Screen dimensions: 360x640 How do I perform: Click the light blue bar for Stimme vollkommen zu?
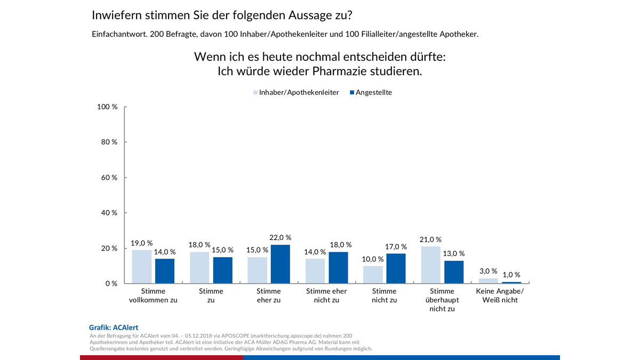[141, 267]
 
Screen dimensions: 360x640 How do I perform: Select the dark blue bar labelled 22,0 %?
[281, 264]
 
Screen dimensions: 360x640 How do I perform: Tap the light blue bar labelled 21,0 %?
[430, 265]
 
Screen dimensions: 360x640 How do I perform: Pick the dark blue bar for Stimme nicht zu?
[396, 268]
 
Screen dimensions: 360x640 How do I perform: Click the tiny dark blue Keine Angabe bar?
[511, 283]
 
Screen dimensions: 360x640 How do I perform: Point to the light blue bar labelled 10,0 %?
[373, 275]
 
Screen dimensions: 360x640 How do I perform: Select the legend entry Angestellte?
[373, 92]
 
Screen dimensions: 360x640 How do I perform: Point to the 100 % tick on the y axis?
[108, 107]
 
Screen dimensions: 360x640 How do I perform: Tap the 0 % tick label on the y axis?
[110, 284]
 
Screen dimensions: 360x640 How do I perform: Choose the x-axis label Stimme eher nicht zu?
[326, 295]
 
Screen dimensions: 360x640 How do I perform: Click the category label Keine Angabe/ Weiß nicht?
[500, 295]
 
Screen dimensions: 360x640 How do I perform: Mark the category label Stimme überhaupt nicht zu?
[442, 300]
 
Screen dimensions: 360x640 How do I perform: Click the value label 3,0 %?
[487, 271]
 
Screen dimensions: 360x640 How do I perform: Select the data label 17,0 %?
[396, 247]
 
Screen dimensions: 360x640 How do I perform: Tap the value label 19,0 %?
[141, 243]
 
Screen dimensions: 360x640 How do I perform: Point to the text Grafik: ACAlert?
[113, 327]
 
